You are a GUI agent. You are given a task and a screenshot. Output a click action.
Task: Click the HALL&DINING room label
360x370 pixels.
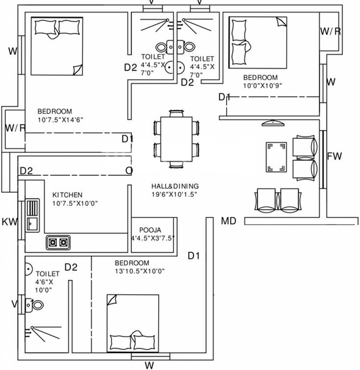coord(175,186)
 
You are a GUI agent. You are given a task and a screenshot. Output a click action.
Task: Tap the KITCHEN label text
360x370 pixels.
coord(67,195)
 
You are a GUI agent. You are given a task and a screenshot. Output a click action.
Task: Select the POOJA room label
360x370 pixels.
coord(150,230)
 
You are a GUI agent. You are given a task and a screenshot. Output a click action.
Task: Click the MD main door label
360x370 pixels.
coord(229,221)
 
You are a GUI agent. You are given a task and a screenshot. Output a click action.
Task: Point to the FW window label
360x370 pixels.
coord(335,156)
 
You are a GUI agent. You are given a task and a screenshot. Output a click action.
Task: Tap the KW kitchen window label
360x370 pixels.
coord(9,222)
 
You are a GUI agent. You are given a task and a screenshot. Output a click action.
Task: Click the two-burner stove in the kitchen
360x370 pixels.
coord(58,243)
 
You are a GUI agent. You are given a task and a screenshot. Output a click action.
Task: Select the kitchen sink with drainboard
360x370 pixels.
coord(32,215)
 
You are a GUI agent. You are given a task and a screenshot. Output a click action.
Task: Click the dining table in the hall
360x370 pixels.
coord(176,139)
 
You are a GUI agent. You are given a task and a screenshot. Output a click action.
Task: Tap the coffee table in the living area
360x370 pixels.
coord(276,157)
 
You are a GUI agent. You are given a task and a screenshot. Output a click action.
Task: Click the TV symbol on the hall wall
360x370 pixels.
coord(272,123)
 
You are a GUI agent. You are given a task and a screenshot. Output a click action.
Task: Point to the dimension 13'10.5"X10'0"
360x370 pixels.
coord(140,271)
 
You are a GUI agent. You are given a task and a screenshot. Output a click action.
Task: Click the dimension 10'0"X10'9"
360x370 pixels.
coord(263,86)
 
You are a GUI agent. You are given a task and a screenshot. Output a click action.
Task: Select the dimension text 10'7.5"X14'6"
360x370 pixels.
coord(60,120)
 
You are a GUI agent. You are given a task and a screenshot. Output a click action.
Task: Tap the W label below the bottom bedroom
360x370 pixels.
coord(150,365)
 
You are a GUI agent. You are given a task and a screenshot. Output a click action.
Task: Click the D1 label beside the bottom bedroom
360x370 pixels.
coord(193,256)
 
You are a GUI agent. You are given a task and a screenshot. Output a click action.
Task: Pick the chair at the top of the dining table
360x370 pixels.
coord(176,113)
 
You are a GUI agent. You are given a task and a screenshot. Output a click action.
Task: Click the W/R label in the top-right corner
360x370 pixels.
coord(331,31)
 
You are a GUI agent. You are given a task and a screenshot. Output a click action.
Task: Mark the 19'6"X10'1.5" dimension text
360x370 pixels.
coord(174,194)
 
